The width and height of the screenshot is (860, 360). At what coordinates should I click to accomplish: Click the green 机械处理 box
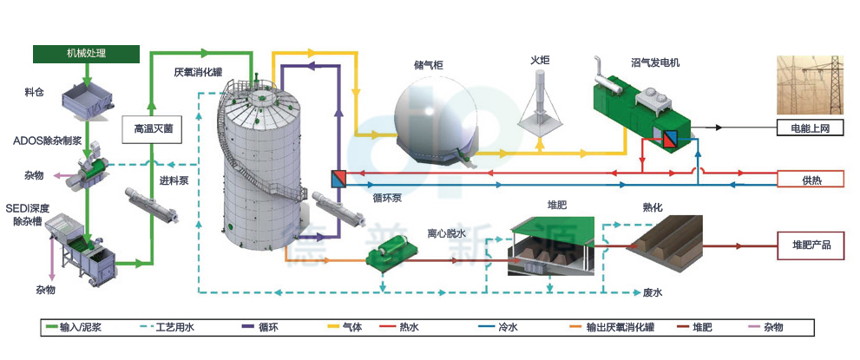coord(86,54)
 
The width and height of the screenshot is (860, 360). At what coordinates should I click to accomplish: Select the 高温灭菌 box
coord(153,129)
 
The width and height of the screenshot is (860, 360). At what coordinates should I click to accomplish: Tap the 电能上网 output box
coord(809,128)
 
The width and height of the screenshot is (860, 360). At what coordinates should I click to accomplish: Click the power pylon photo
coord(809,87)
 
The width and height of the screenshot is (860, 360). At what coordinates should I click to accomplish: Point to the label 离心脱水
coord(446,232)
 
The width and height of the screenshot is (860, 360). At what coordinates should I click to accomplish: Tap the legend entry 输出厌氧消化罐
coord(618,327)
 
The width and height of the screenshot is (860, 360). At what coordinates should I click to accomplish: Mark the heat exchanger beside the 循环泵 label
coord(338,179)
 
